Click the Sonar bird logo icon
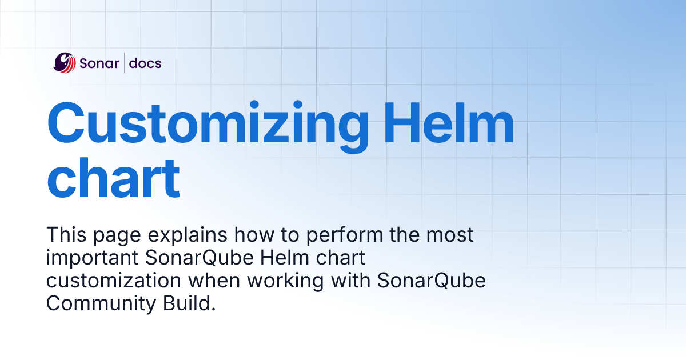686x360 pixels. click(x=65, y=63)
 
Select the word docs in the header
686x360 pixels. click(x=145, y=63)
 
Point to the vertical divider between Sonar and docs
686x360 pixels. click(x=124, y=63)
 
